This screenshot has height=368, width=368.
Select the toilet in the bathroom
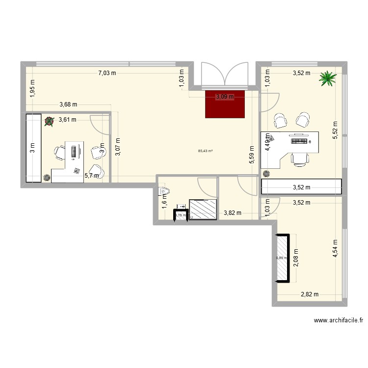click(x=165, y=191)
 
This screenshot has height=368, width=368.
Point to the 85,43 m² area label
click(x=206, y=151)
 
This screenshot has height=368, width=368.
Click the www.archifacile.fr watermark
click(x=338, y=320)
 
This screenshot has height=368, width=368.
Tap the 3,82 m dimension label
click(x=233, y=213)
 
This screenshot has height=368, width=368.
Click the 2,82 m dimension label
click(x=310, y=294)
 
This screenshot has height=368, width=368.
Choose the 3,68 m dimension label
click(x=68, y=104)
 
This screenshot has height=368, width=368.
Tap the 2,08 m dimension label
click(x=296, y=258)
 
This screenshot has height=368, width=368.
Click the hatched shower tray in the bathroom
click(x=203, y=209)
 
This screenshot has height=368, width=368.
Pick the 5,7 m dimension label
click(x=92, y=174)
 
